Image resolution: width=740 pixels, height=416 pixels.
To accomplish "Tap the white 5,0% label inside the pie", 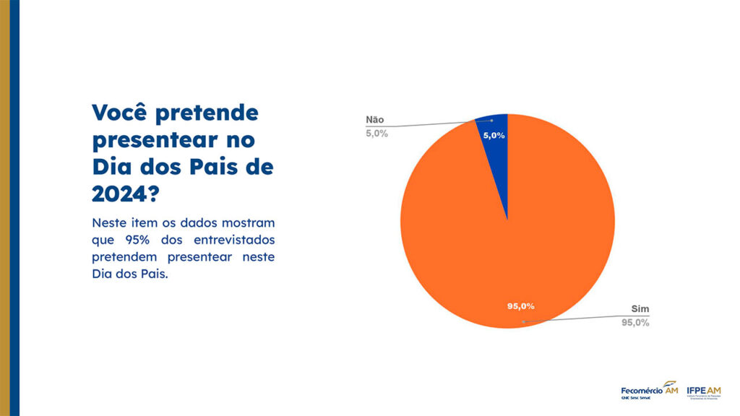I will [x=494, y=136].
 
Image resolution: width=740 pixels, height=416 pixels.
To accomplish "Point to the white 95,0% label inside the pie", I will [x=521, y=306].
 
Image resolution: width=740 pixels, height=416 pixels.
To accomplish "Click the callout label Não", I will [x=375, y=120].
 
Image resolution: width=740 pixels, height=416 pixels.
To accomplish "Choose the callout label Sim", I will [x=640, y=309].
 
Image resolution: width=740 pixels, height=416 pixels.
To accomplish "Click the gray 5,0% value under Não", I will [x=377, y=134].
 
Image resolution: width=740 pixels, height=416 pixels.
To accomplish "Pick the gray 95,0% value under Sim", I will [x=636, y=323].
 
